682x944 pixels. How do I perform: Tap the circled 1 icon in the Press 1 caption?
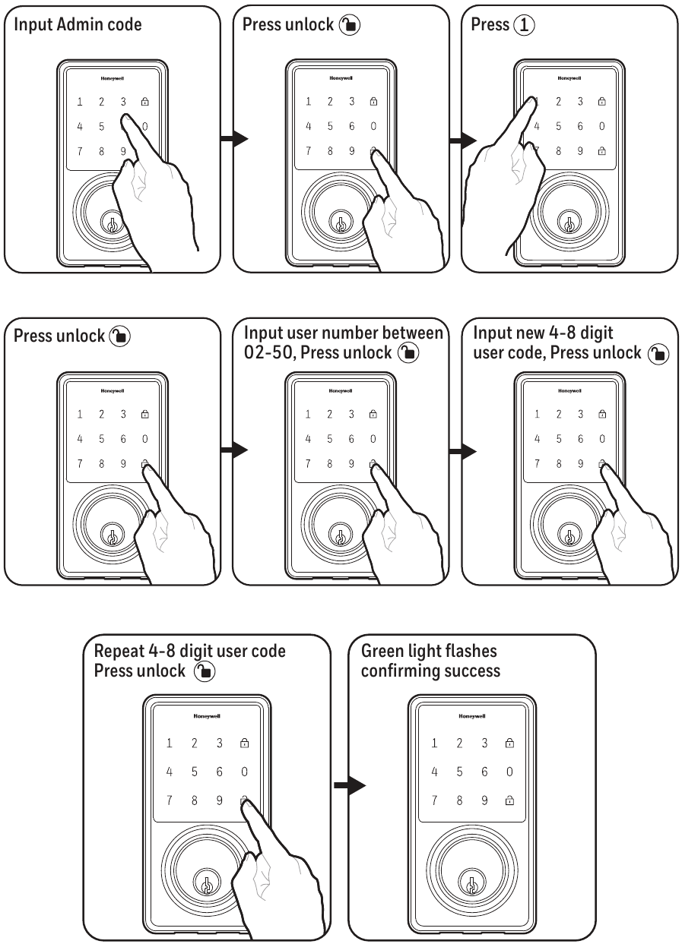pos(524,25)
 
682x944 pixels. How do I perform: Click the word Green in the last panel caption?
pos(383,652)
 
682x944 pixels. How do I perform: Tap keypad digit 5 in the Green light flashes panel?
pos(459,772)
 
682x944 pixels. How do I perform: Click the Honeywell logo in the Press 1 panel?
pos(569,78)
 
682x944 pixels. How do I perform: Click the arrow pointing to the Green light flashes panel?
pos(350,786)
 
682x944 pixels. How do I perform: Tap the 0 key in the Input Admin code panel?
pos(144,126)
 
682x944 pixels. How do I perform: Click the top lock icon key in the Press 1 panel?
pos(602,102)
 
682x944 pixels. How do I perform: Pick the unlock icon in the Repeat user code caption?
pos(204,671)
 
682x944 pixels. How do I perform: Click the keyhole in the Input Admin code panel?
pos(110,223)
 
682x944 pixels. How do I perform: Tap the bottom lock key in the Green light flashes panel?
pos(509,800)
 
